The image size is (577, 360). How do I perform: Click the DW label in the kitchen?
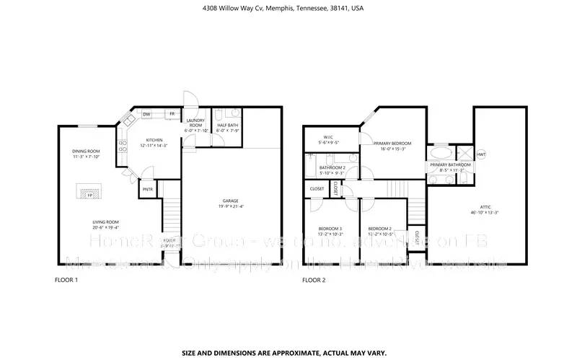point(146,114)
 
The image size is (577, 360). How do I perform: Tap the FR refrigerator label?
point(172,114)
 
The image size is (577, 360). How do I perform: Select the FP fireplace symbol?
point(90,193)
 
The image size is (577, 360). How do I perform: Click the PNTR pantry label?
point(147,189)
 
